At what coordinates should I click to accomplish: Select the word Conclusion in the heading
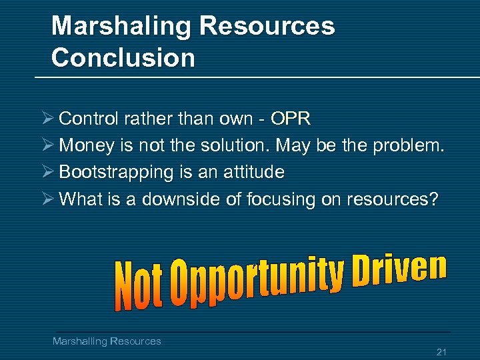coord(123,58)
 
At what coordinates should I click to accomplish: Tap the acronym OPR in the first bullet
coord(291,119)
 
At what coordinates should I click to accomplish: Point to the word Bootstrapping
coord(116,173)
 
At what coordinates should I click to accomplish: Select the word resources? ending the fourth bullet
coord(393,199)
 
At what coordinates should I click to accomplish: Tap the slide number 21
coord(441,351)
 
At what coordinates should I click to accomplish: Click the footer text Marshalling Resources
coord(107,341)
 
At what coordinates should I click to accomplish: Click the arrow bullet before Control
coord(47,119)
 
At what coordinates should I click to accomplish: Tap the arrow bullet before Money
coord(47,145)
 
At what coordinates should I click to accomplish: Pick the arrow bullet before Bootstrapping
coord(47,172)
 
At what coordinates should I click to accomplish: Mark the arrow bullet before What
coord(47,199)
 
